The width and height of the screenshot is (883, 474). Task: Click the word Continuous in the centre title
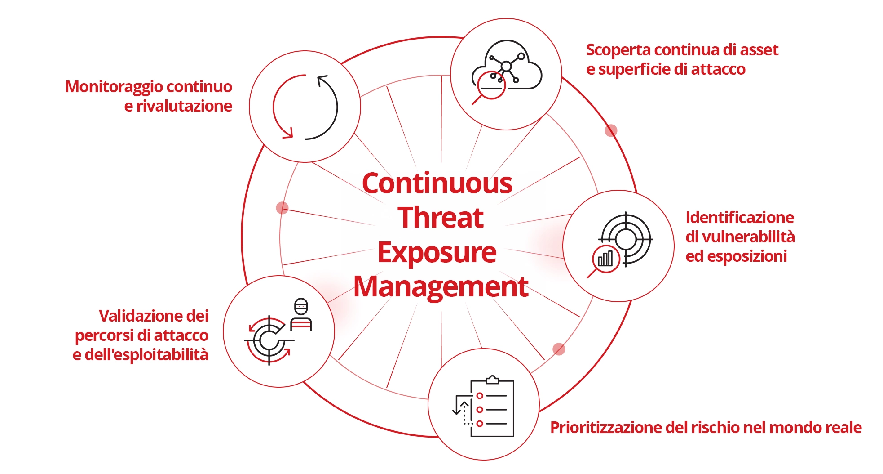click(437, 183)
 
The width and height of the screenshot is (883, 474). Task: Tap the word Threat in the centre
click(441, 218)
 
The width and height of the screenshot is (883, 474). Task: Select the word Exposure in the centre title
click(437, 253)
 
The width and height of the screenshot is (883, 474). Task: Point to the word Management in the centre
click(441, 287)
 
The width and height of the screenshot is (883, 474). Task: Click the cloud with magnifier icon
click(506, 72)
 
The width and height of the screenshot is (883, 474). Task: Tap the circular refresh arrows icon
click(305, 107)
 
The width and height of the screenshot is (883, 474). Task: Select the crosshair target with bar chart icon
click(619, 245)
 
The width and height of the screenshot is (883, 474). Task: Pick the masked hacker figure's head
click(301, 307)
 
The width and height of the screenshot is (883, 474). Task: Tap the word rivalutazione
click(184, 106)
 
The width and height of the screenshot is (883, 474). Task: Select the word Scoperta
click(615, 50)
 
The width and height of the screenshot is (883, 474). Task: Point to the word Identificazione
click(740, 217)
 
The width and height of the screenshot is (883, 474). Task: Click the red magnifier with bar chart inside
click(604, 260)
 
